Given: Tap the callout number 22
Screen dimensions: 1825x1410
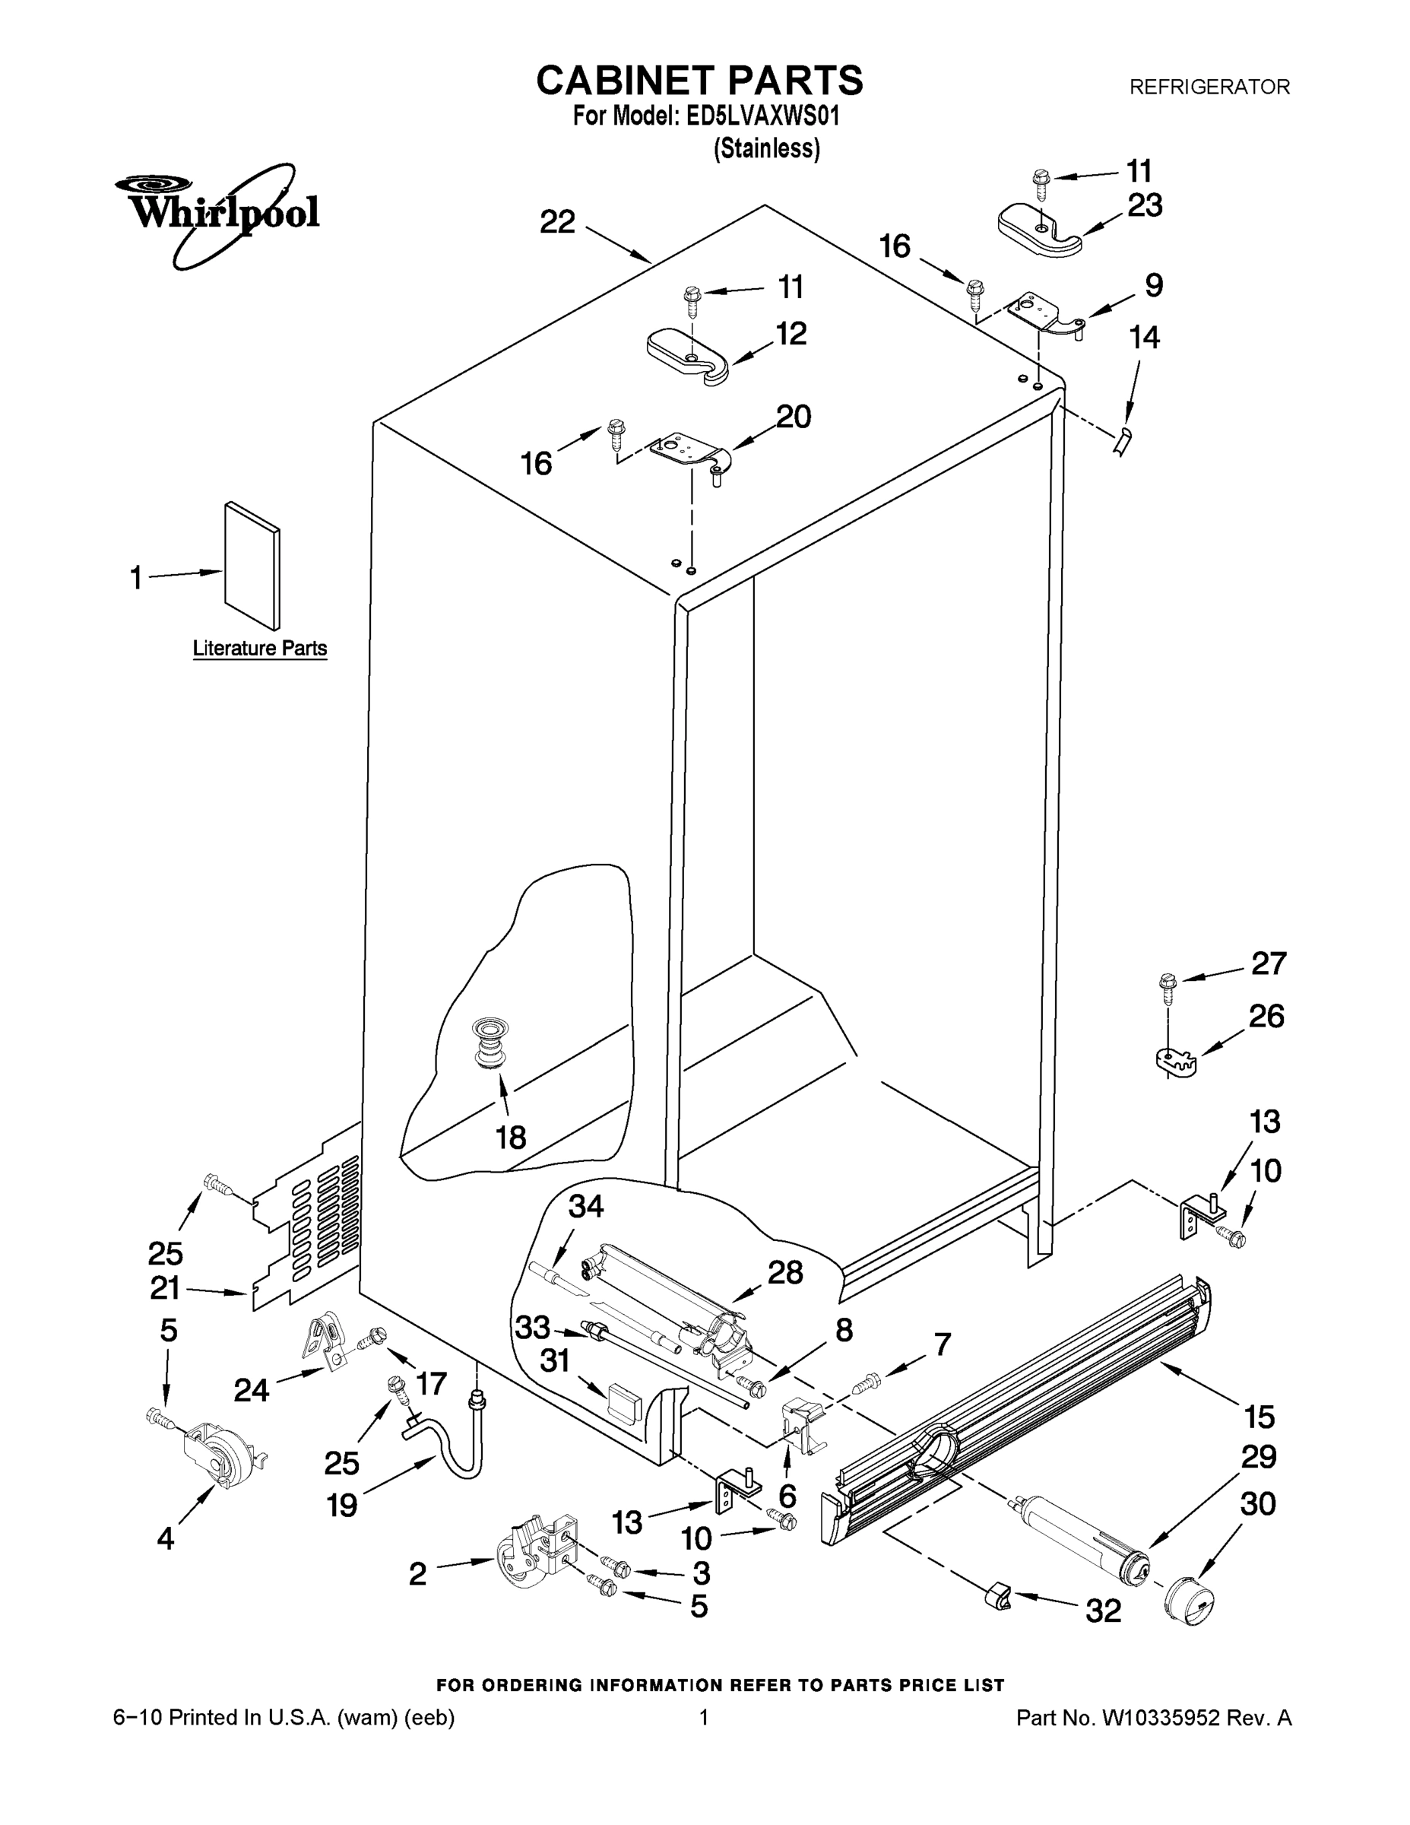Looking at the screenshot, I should [557, 222].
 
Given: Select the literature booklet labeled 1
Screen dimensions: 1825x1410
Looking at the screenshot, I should [252, 566].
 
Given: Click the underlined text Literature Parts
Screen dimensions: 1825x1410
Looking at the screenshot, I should [260, 649].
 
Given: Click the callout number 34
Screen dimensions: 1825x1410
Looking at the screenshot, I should [585, 1206].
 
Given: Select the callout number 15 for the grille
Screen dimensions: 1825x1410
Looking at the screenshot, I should [1259, 1417].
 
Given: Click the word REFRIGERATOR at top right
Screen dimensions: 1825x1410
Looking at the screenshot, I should [1209, 87].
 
